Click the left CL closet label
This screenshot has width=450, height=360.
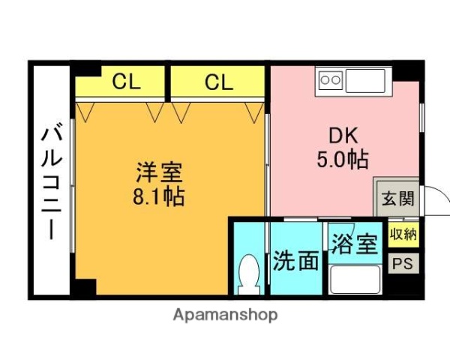point(126,82)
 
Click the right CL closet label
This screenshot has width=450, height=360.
point(219,82)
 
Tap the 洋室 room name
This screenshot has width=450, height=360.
point(159,173)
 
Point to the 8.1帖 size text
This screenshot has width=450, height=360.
point(159,199)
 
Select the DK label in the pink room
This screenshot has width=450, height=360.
point(343,136)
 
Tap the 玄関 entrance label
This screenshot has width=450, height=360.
point(397,199)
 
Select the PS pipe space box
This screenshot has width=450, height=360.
point(403,264)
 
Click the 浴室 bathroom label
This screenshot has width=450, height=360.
point(354,244)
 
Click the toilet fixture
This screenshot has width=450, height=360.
point(247,275)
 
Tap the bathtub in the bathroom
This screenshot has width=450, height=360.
point(355,280)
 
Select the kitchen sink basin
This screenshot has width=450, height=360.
point(365,79)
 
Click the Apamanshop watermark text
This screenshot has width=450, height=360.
point(225,315)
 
